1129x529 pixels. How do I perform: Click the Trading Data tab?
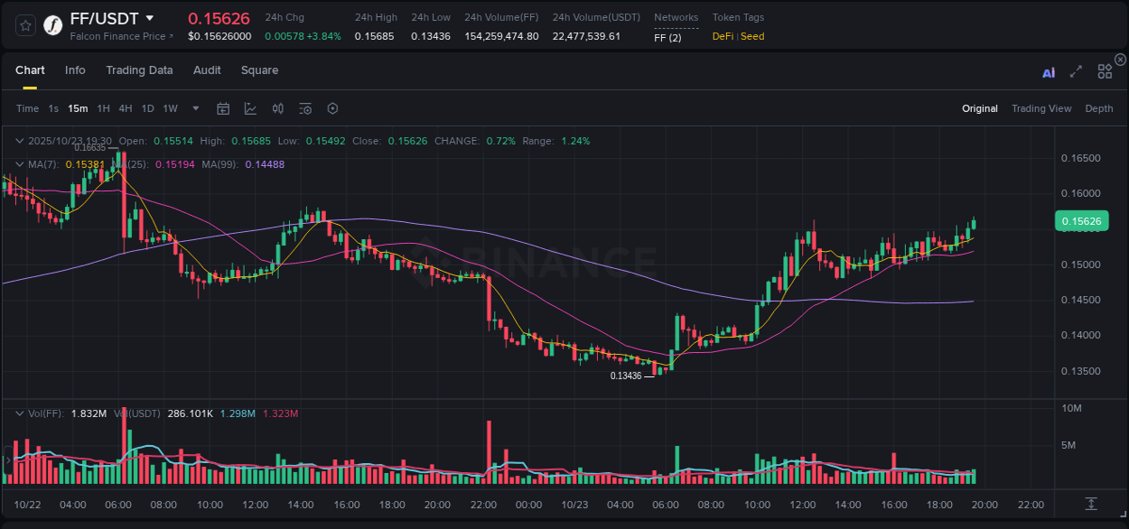pyautogui.click(x=139, y=70)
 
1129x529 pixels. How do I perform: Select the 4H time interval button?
pyautogui.click(x=125, y=108)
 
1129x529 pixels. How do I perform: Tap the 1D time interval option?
pyautogui.click(x=147, y=108)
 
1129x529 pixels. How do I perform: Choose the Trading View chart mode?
pyautogui.click(x=1040, y=108)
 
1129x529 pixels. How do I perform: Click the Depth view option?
pyautogui.click(x=1098, y=108)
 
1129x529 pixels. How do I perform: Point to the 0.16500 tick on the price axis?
pyautogui.click(x=1080, y=158)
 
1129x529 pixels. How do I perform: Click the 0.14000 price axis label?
pyautogui.click(x=1080, y=335)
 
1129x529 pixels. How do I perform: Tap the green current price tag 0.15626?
pyautogui.click(x=1080, y=221)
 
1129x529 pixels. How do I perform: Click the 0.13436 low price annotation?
pyautogui.click(x=625, y=376)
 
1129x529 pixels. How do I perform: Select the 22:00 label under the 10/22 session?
pyautogui.click(x=484, y=505)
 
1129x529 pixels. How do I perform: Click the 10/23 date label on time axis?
pyautogui.click(x=574, y=505)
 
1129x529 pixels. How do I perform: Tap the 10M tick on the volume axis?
pyautogui.click(x=1071, y=409)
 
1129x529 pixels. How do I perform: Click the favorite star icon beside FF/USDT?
pyautogui.click(x=26, y=25)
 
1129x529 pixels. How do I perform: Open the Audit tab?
pyautogui.click(x=207, y=70)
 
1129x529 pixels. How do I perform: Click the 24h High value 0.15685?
pyautogui.click(x=374, y=36)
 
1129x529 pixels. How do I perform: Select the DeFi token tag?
pyautogui.click(x=723, y=36)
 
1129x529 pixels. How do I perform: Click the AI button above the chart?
pyautogui.click(x=1049, y=72)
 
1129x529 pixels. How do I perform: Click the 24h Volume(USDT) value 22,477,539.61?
pyautogui.click(x=586, y=36)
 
